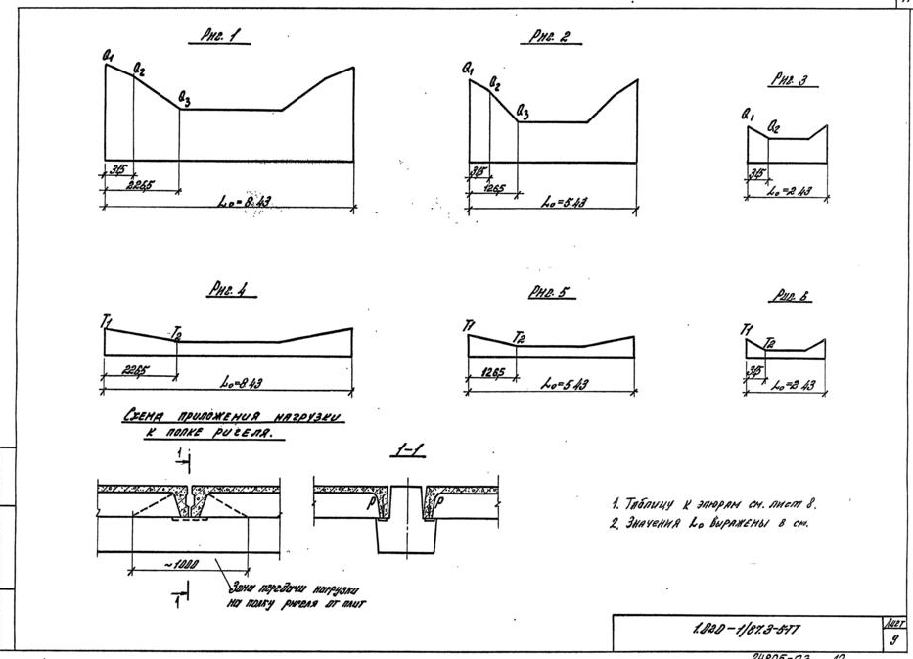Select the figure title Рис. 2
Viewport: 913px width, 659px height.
(x=550, y=38)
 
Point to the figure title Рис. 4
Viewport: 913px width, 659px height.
(x=227, y=290)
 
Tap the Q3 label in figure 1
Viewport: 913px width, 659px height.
(x=185, y=96)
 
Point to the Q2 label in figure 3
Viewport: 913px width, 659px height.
(x=774, y=127)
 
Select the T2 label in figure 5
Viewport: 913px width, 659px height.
(x=521, y=338)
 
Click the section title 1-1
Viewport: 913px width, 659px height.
(x=412, y=449)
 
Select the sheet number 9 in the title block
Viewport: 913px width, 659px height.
(x=891, y=639)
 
